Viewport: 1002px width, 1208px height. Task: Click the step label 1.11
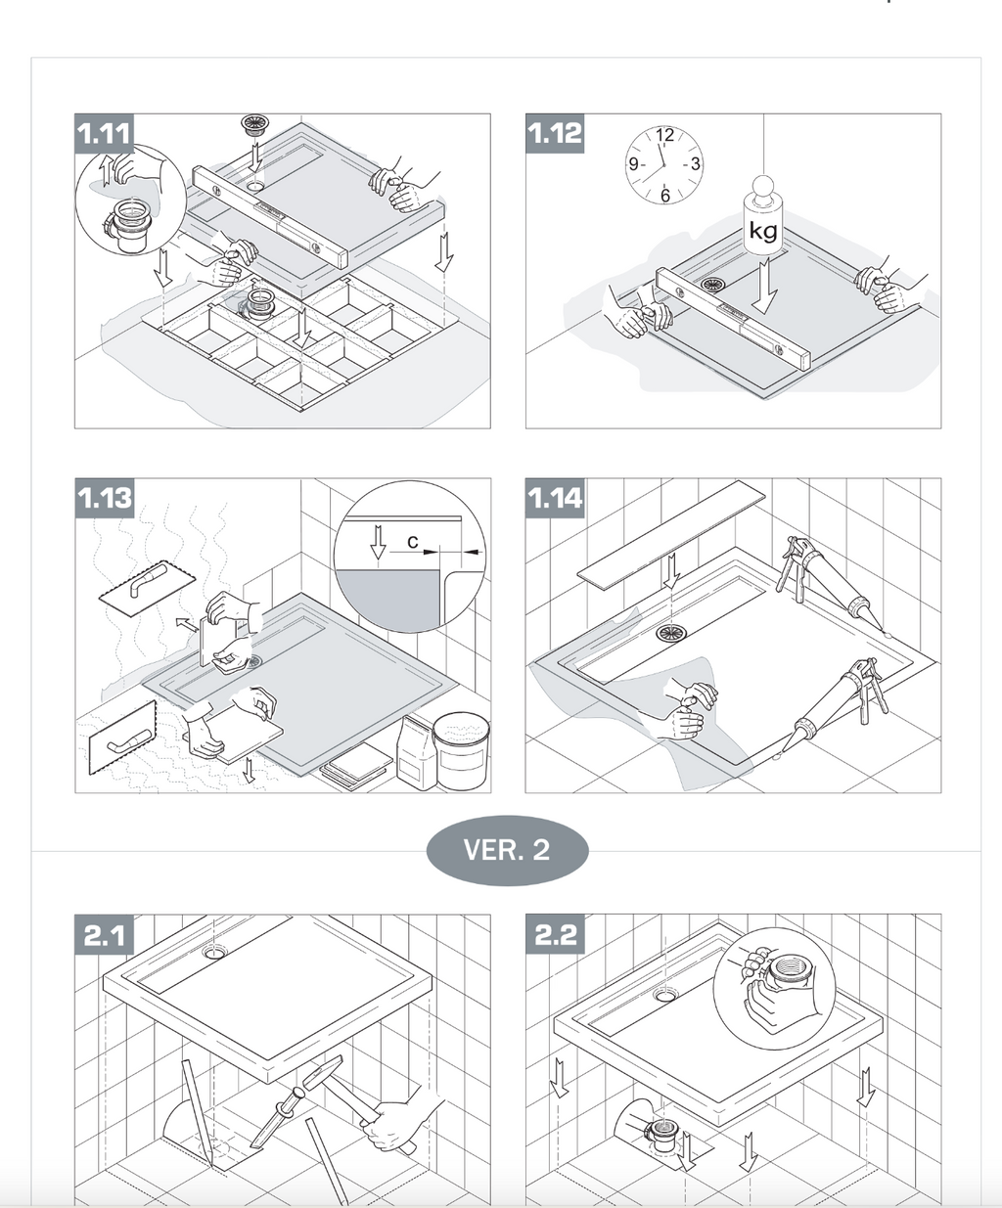pos(104,134)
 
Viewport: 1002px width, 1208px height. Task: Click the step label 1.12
pos(555,134)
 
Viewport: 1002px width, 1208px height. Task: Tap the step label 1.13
pos(104,498)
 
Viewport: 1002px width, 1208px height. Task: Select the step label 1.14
pos(555,498)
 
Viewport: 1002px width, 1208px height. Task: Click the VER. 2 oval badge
pos(507,850)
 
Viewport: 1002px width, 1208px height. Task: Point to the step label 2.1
pos(104,934)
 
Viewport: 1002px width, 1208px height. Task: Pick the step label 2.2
pos(555,934)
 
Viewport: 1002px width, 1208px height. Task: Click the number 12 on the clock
pos(665,135)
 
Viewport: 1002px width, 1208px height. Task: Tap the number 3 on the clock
pos(695,164)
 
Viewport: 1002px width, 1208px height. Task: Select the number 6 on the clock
pos(665,196)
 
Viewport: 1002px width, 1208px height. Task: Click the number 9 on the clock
pos(633,164)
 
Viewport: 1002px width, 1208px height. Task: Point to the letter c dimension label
pos(412,542)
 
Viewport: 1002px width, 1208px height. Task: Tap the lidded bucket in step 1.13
pos(461,750)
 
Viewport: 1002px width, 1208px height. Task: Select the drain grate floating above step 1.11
pos(252,124)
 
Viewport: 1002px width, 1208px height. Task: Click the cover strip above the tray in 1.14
pos(671,535)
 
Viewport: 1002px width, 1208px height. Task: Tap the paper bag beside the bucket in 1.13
pos(417,753)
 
